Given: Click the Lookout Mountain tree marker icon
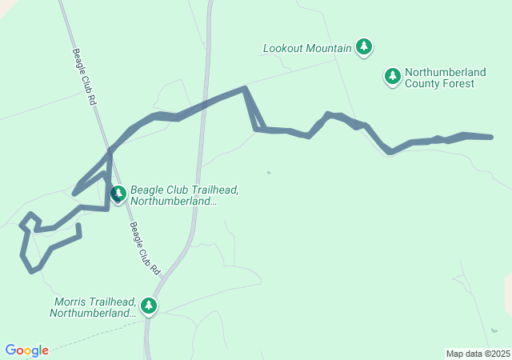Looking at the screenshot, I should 364,46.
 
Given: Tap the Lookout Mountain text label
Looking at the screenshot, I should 307,48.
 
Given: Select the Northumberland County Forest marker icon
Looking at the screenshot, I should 392,76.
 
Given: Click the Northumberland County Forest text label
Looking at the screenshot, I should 445,78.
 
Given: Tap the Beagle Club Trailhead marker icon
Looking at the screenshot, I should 118,194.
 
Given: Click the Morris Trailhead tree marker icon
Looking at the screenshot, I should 148,305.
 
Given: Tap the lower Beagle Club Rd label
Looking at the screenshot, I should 145,249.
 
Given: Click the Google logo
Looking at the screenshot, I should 26,350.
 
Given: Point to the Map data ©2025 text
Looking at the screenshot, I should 477,354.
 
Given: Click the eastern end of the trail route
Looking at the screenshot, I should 490,138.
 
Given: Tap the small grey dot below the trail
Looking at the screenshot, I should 269,172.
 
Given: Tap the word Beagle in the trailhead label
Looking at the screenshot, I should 147,190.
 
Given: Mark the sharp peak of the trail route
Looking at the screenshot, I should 245,88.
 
